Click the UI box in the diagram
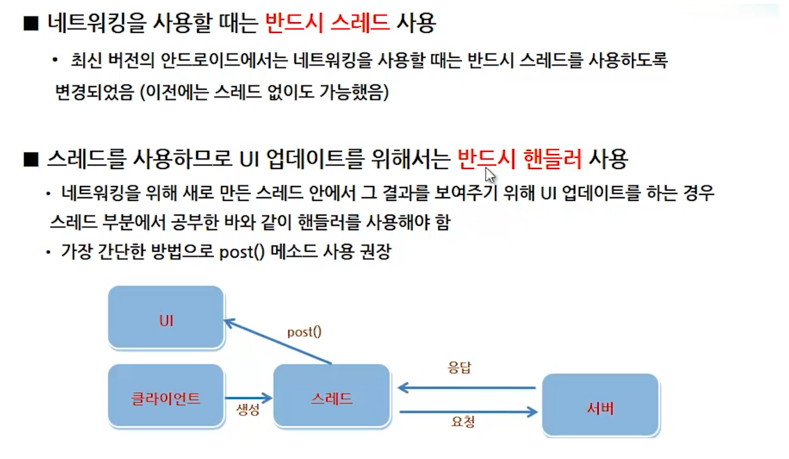click(166, 318)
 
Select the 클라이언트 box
click(166, 396)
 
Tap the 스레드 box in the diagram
click(331, 396)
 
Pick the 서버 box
click(600, 405)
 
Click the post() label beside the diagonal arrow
click(304, 332)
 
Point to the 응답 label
click(459, 367)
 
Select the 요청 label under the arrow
click(462, 422)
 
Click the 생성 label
click(248, 409)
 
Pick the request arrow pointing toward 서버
click(468, 412)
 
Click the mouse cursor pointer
click(490, 175)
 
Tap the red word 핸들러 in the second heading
click(552, 159)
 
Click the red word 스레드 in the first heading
click(360, 23)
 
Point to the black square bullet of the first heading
click(31, 24)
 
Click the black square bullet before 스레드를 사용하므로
click(31, 159)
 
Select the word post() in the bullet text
click(242, 252)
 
